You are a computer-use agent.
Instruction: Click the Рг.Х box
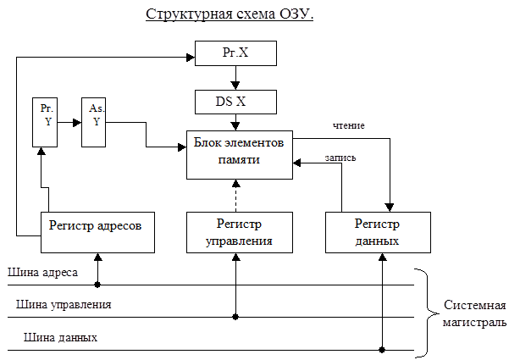235,53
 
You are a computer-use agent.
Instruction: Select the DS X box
235,102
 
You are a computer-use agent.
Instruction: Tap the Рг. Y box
45,122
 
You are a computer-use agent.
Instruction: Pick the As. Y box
93,122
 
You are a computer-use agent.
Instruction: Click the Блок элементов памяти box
240,155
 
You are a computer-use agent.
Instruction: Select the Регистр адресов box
97,233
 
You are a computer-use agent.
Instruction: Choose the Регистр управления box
240,233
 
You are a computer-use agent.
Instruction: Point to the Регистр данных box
378,233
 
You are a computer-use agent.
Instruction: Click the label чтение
349,125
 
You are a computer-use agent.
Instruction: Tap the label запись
340,158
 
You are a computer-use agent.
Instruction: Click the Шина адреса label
43,273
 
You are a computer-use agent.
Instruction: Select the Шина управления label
64,305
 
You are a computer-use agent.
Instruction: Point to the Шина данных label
60,337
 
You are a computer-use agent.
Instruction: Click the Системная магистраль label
474,313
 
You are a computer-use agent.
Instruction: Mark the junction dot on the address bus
97,285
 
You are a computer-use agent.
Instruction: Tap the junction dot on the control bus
235,317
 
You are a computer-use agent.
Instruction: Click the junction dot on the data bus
382,350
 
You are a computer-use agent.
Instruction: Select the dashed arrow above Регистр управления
235,196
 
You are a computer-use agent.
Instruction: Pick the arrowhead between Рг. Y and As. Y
77,123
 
